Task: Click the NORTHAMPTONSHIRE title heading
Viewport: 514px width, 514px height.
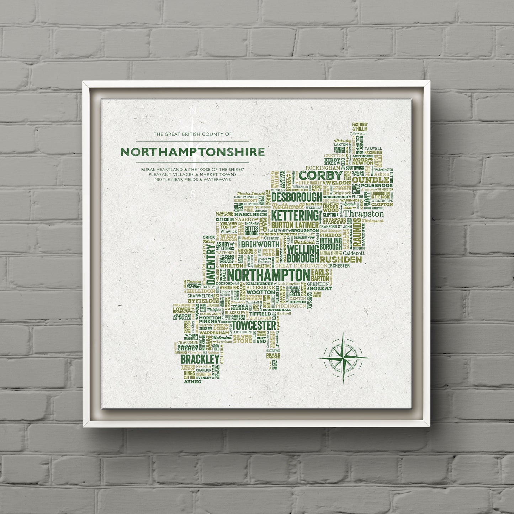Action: point(192,152)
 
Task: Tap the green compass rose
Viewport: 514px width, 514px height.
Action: point(343,357)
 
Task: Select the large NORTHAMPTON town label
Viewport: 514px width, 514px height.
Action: point(268,275)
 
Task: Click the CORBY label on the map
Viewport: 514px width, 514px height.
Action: point(321,175)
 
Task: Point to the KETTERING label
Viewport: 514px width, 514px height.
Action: point(295,216)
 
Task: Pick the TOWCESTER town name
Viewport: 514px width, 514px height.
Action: point(253,325)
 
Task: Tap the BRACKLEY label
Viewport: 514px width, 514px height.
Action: point(200,359)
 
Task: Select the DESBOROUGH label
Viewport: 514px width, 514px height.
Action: point(297,197)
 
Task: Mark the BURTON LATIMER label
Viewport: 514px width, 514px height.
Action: point(295,225)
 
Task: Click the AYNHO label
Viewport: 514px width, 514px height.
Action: point(192,382)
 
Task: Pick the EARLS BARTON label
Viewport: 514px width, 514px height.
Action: point(320,275)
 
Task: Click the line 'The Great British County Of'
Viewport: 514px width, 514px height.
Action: point(192,134)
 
